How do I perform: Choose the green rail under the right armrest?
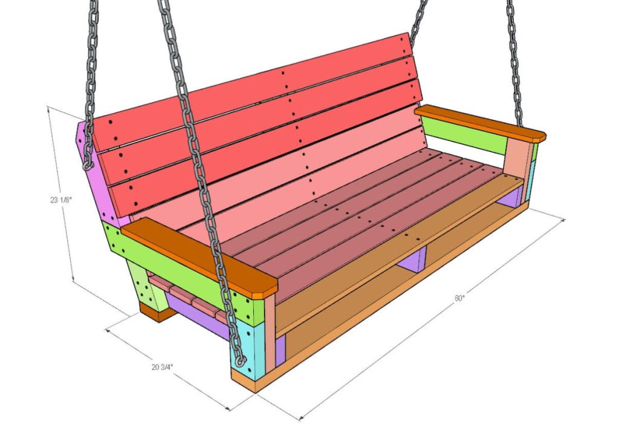pos(462,137)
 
